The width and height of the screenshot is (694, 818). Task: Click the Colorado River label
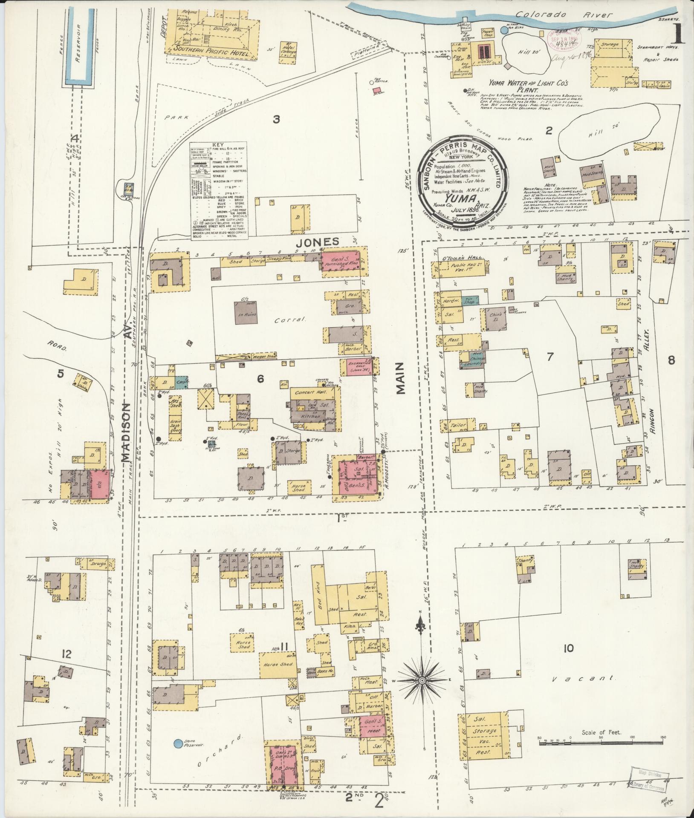coord(564,15)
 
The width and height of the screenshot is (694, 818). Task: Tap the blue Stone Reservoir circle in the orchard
coord(178,744)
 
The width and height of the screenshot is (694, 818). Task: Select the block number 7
coord(549,357)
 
